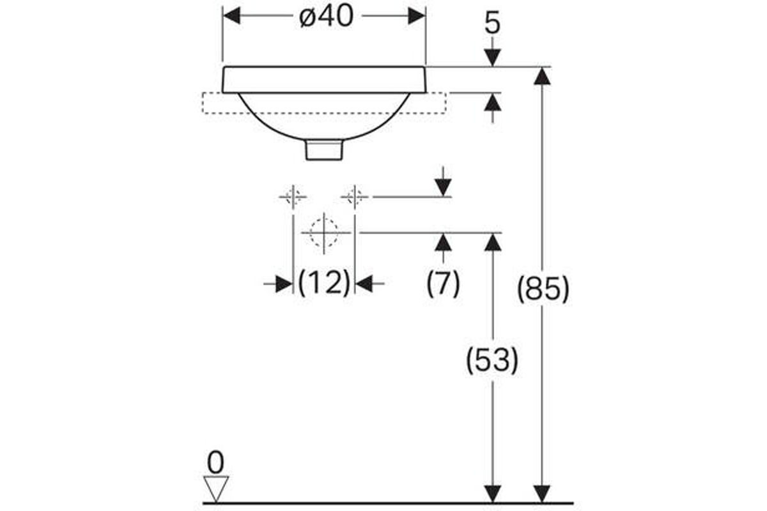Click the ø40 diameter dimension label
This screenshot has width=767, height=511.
tap(326, 17)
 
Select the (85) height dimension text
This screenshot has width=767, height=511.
tap(543, 289)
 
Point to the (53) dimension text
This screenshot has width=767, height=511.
tap(492, 360)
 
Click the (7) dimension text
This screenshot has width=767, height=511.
tap(443, 284)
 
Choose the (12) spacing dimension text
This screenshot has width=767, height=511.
tap(324, 283)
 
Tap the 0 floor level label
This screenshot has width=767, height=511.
tap(216, 462)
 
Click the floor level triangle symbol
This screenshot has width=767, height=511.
tap(216, 489)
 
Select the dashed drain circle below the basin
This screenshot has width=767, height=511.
tap(324, 233)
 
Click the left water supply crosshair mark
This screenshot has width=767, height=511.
tap(293, 197)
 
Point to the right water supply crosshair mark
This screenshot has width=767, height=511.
tap(355, 197)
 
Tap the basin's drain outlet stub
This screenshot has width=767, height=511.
tap(324, 149)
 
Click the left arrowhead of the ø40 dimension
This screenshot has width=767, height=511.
tap(231, 16)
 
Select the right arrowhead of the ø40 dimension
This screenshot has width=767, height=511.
tap(417, 16)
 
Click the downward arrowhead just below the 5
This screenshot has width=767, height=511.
tap(493, 57)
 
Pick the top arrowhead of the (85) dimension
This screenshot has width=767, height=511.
tap(542, 76)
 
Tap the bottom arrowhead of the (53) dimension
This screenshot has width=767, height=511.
tap(493, 494)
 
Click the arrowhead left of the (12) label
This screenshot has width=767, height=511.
tap(284, 284)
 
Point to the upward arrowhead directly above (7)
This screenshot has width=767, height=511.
tap(444, 242)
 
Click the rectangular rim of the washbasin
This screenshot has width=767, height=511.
tap(324, 79)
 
